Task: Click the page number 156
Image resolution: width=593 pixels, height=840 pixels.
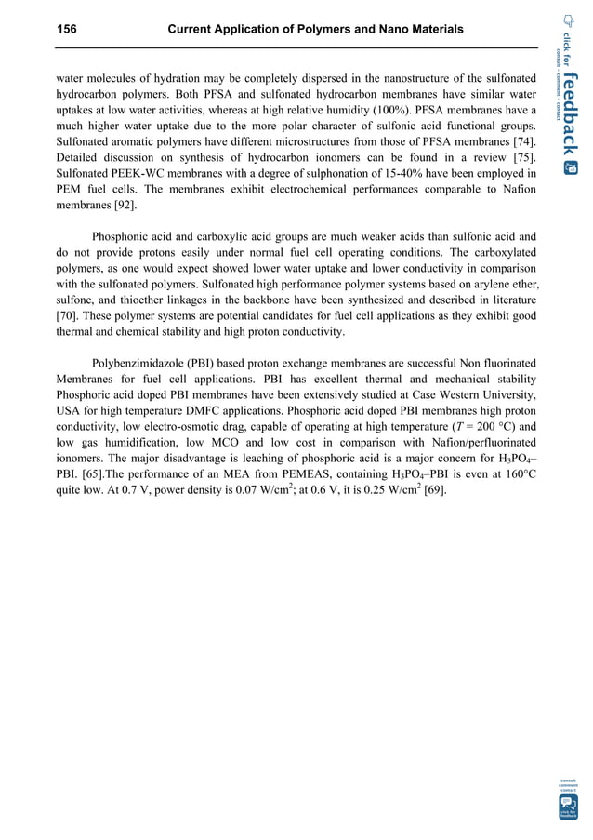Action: (x=67, y=31)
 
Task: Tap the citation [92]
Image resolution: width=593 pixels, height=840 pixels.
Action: (x=123, y=208)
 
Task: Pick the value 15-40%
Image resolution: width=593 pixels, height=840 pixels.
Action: (x=395, y=175)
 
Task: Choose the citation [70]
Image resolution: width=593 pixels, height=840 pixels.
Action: (x=67, y=320)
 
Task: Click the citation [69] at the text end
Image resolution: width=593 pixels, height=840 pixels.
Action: (x=434, y=498)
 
